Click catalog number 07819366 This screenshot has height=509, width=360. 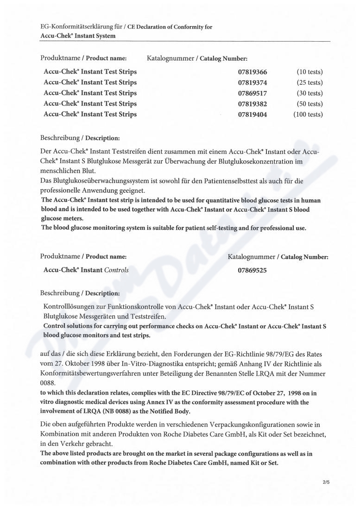coord(253,72)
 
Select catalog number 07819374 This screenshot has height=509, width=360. coord(253,83)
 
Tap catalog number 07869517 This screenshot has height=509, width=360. coord(253,93)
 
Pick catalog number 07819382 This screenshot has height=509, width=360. coord(253,104)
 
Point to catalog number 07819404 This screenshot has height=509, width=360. coord(253,115)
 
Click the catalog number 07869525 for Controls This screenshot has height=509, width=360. coord(252,270)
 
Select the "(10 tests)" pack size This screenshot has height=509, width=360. coord(309,72)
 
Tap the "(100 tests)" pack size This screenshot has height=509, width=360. coord(308,115)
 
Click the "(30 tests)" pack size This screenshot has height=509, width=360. coord(309,93)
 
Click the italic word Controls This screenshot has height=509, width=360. coord(117,270)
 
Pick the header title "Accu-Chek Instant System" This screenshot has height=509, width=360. coord(78,36)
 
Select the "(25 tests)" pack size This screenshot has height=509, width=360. coord(309,83)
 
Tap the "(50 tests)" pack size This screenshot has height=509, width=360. coord(309,104)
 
